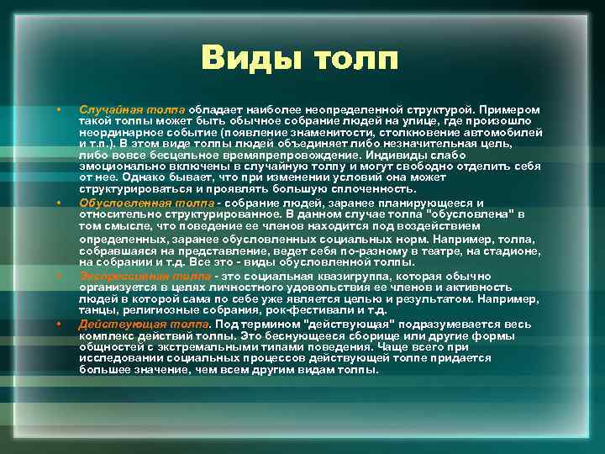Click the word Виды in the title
tap(251, 58)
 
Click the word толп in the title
tap(354, 58)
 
